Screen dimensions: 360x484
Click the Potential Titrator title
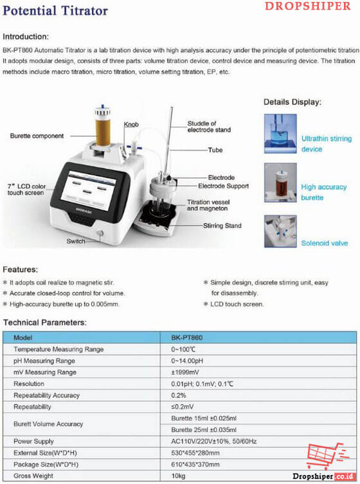pyautogui.click(x=56, y=11)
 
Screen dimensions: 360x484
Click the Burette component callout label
pyautogui.click(x=37, y=136)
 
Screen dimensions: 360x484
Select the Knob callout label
pyautogui.click(x=131, y=124)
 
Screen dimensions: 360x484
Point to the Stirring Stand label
pyautogui.click(x=222, y=226)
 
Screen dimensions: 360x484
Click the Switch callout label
pyautogui.click(x=75, y=241)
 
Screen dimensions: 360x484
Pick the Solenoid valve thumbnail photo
pyautogui.click(x=280, y=234)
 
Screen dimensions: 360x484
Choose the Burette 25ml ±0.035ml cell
pyautogui.click(x=204, y=429)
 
